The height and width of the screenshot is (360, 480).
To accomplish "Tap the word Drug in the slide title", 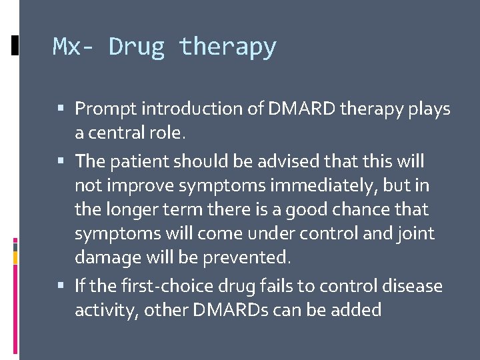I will (x=137, y=47).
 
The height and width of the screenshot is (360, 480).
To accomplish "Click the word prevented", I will (x=250, y=257).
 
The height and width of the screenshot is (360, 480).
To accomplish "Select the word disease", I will (x=411, y=286).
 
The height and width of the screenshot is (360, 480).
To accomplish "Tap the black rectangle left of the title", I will (x=15, y=45).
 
